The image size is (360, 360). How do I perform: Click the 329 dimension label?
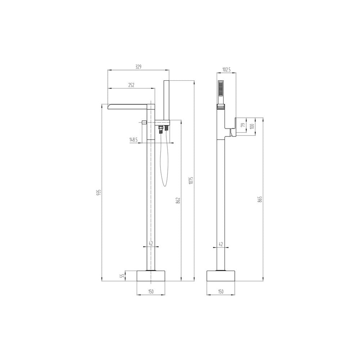[138, 67]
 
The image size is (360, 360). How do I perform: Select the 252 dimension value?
[131, 85]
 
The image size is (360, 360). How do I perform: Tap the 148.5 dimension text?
[134, 139]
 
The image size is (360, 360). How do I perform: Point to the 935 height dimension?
[99, 192]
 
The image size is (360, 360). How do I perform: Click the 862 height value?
[179, 200]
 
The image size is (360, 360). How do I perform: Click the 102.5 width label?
[226, 70]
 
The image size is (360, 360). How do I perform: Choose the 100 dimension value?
[252, 126]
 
